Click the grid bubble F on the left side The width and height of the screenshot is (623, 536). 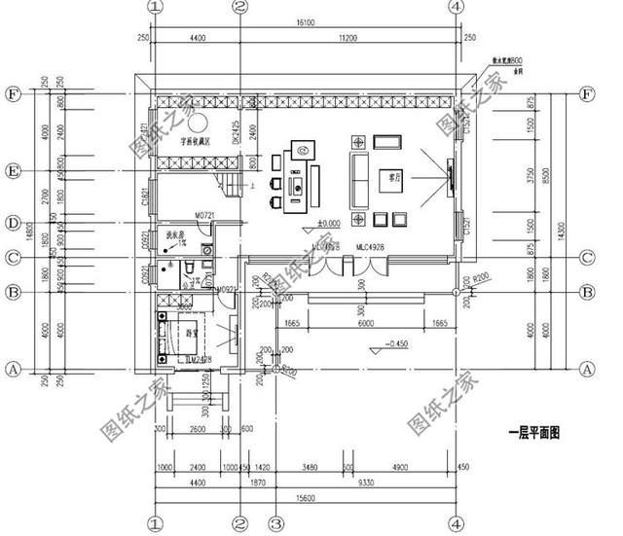13,94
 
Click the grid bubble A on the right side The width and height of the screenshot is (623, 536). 586,370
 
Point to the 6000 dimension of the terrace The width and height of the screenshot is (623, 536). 366,326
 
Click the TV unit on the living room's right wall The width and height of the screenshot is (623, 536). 450,174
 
